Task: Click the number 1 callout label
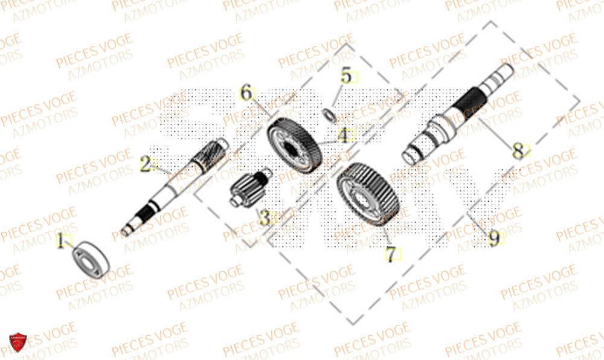point(60,242)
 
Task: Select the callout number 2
point(146,164)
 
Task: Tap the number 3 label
point(264,217)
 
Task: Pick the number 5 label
point(345,77)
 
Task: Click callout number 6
point(246,94)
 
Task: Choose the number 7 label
point(391,255)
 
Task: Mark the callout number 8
point(518,152)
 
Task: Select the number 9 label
point(494,240)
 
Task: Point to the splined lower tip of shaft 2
point(136,222)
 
